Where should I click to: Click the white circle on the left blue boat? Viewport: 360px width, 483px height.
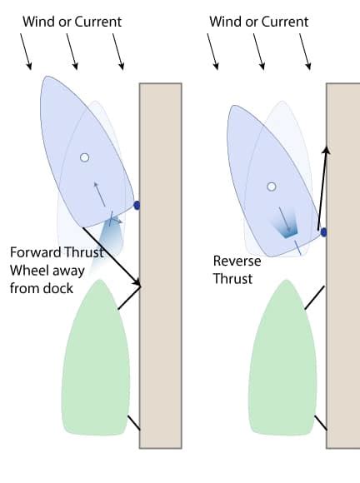coord(84,157)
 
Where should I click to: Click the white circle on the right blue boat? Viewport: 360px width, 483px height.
coord(271,187)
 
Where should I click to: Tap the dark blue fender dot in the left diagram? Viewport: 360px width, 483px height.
coord(137,204)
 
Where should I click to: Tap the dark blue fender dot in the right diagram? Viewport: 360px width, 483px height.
coord(323,232)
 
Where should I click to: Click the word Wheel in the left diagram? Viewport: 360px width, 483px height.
coord(28,271)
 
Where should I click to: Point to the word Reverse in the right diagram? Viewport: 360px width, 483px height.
coord(237,261)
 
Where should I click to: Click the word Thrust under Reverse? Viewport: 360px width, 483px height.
coord(232,279)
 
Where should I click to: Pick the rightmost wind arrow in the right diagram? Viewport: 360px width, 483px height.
coord(306,53)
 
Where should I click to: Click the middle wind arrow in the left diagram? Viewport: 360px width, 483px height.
coord(73,53)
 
